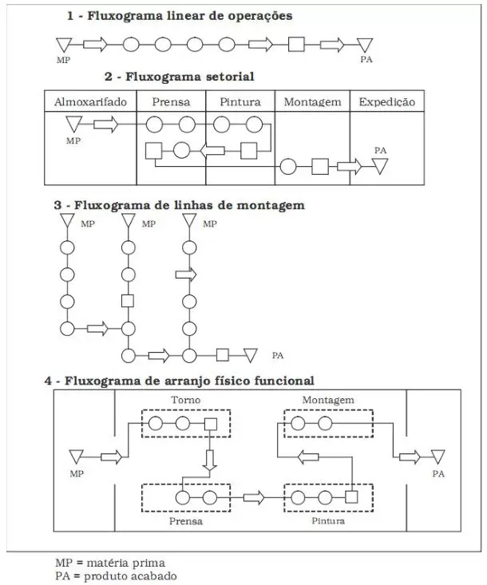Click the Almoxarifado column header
90,102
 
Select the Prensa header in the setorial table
171,102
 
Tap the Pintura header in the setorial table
240,102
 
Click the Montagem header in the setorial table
312,102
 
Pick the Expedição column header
387,102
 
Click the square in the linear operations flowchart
296,45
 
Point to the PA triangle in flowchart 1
365,45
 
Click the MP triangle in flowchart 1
64,45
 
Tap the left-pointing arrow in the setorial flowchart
212,151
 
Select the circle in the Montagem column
288,166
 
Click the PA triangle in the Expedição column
380,166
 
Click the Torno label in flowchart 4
186,400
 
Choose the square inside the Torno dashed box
211,425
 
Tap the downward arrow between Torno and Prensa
210,460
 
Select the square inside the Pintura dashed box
351,497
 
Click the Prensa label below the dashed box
186,521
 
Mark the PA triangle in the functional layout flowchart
438,457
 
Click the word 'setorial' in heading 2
227,77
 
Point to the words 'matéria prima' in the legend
126,563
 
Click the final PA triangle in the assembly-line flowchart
251,355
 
